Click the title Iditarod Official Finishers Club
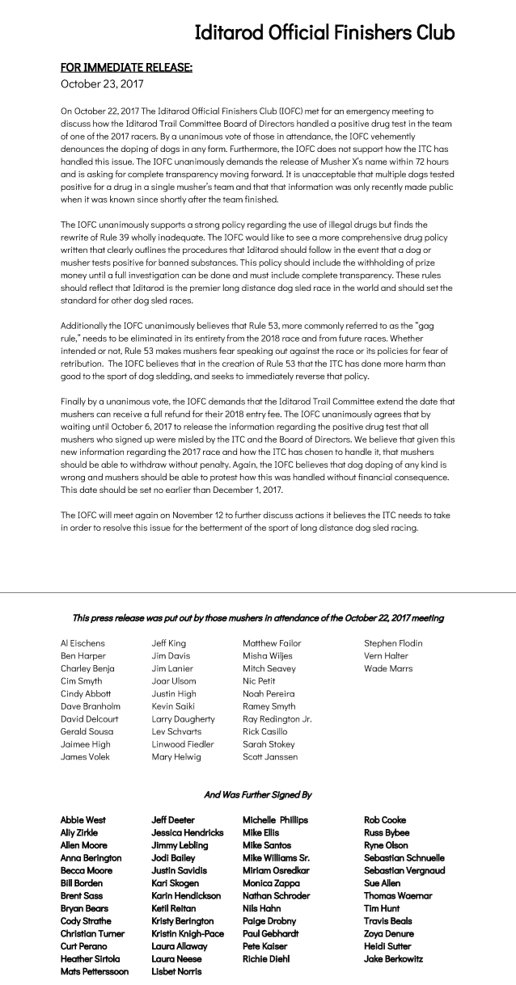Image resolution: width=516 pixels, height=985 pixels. pyautogui.click(x=324, y=32)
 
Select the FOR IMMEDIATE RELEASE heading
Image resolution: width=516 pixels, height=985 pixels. pyautogui.click(x=126, y=68)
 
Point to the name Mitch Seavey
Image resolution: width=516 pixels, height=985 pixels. pyautogui.click(x=269, y=668)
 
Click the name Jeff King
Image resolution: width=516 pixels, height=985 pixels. pyautogui.click(x=168, y=643)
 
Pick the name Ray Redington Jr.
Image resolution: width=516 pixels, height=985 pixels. pyautogui.click(x=277, y=718)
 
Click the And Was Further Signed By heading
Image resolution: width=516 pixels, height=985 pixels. pyautogui.click(x=257, y=794)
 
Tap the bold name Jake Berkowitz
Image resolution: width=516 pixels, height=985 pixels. pyautogui.click(x=393, y=958)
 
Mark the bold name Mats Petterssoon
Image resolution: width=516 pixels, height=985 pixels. pyautogui.click(x=94, y=971)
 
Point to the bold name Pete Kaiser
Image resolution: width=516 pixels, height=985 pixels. pyautogui.click(x=265, y=946)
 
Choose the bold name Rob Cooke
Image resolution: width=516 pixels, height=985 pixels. pyautogui.click(x=386, y=819)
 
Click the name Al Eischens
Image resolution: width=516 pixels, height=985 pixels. pyautogui.click(x=82, y=643)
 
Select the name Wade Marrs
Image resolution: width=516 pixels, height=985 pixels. pyautogui.click(x=387, y=668)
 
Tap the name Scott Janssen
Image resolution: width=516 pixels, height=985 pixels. pyautogui.click(x=270, y=756)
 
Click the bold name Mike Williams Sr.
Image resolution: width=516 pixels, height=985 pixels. pyautogui.click(x=276, y=857)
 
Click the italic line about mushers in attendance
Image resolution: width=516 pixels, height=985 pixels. pyautogui.click(x=257, y=618)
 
